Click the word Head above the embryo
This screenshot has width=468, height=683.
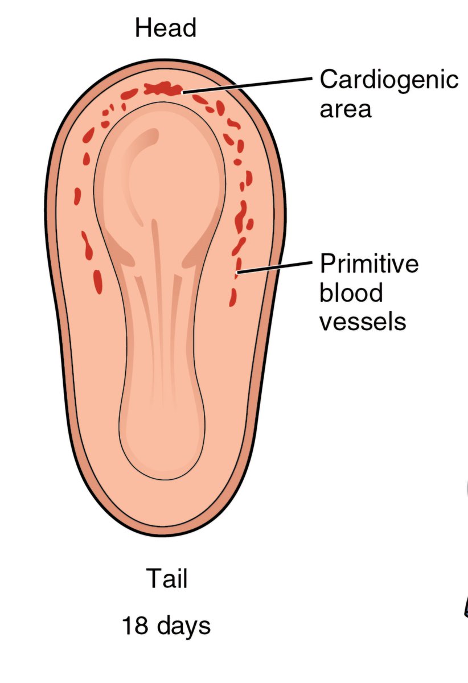(166, 28)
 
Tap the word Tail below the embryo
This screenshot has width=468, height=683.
(166, 579)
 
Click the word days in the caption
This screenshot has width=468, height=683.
(183, 626)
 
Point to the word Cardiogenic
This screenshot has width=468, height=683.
(389, 80)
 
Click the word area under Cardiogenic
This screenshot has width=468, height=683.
(345, 108)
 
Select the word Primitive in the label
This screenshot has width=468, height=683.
(368, 264)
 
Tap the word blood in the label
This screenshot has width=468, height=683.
(350, 293)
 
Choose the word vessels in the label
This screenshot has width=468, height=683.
(362, 322)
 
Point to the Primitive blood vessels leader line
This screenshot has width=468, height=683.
(276, 267)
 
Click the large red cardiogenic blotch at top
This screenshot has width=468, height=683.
(163, 88)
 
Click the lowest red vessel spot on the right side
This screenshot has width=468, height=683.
(233, 297)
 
